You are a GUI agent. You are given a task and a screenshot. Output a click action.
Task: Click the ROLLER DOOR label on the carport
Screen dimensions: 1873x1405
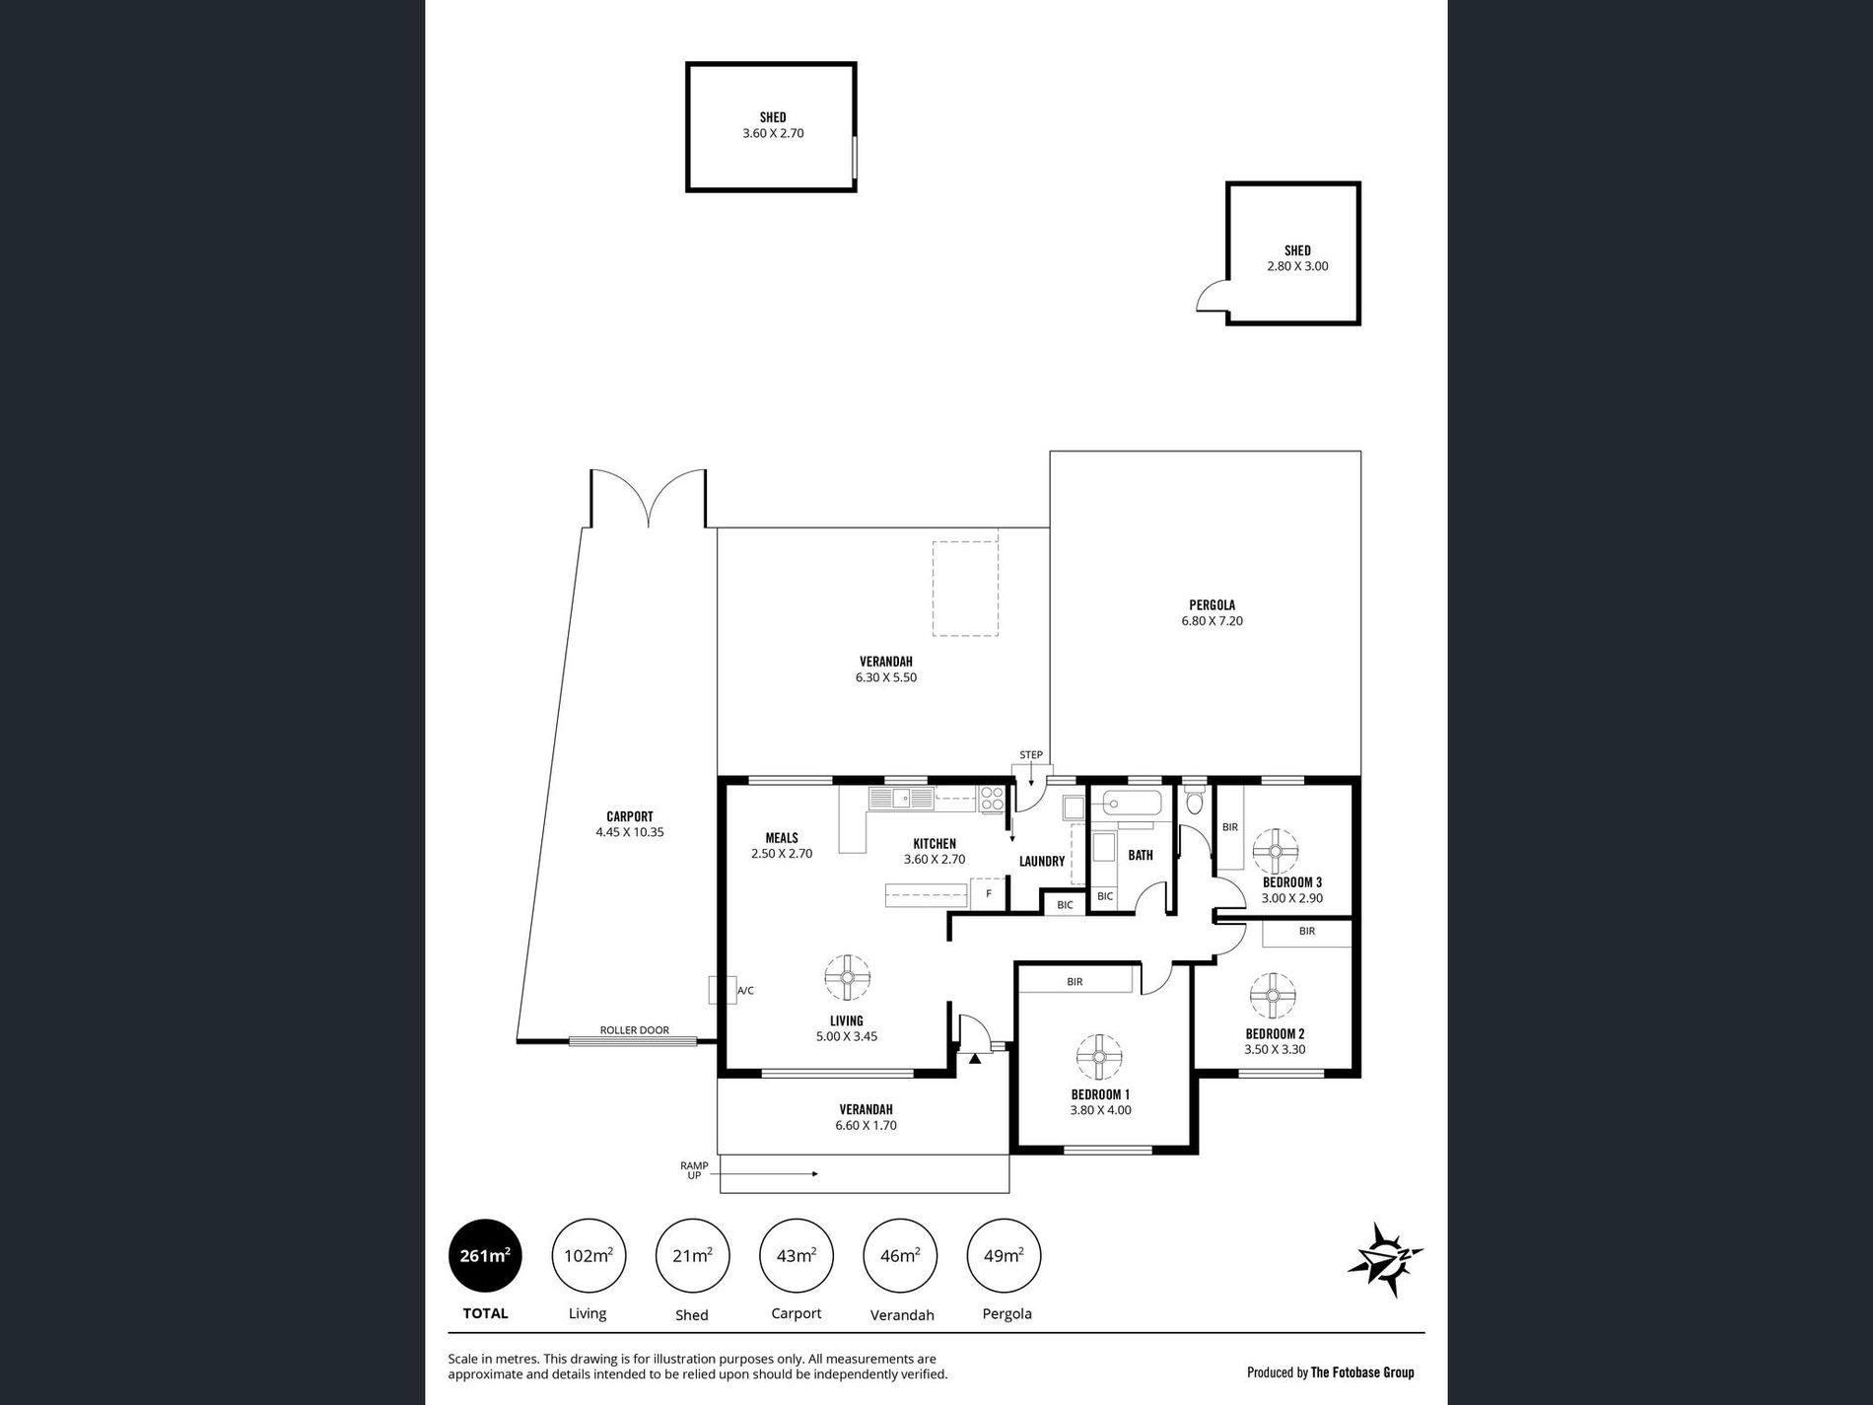click(634, 1030)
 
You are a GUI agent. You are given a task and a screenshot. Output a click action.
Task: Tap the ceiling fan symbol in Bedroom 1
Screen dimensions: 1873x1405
click(1099, 1058)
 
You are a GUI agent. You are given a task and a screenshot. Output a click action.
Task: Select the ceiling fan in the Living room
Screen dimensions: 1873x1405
click(847, 978)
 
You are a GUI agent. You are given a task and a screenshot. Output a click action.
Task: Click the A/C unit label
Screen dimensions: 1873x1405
click(746, 991)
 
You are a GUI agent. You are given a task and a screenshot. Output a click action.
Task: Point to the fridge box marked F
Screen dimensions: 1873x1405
click(988, 895)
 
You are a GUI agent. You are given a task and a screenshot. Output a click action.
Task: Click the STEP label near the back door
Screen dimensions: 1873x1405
click(1031, 755)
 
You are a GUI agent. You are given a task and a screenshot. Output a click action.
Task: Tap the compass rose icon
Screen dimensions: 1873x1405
click(1385, 1259)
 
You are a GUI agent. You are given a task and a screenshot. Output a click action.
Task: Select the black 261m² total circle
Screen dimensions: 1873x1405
click(485, 1255)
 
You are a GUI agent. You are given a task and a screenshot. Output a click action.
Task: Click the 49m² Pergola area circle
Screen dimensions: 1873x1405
click(1005, 1255)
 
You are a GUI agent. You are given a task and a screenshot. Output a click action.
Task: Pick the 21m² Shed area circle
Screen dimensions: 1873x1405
click(692, 1255)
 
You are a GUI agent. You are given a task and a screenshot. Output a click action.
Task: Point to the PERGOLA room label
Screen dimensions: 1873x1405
click(1212, 605)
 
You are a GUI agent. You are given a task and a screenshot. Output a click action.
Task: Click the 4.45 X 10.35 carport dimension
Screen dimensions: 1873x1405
click(630, 832)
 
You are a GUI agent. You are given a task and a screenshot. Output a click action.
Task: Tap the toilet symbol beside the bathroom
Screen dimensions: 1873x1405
click(1195, 801)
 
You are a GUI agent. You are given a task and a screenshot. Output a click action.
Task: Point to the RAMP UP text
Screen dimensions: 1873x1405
click(694, 1170)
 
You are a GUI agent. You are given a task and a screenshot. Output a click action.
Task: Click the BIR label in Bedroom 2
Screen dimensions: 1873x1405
click(1307, 931)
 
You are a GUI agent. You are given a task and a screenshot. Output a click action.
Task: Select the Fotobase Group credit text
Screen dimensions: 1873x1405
click(1330, 1371)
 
